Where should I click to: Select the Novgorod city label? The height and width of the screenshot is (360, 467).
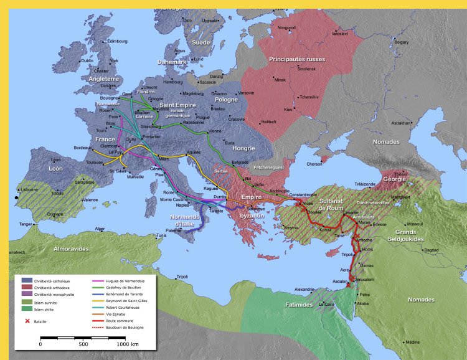[x=286, y=27]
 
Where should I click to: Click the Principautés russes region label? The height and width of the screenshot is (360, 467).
[x=297, y=59]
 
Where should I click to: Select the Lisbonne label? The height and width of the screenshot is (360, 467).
[x=29, y=189]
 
